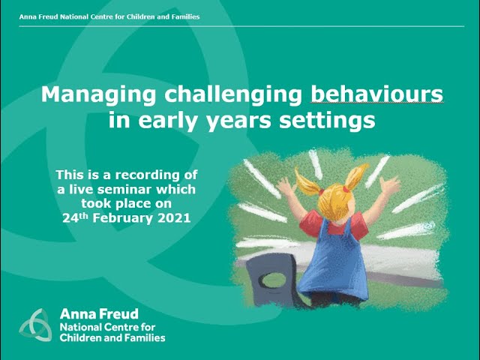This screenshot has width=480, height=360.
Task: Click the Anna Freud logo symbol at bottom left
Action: click(x=34, y=325)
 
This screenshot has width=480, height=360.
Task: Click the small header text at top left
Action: click(x=109, y=16)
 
